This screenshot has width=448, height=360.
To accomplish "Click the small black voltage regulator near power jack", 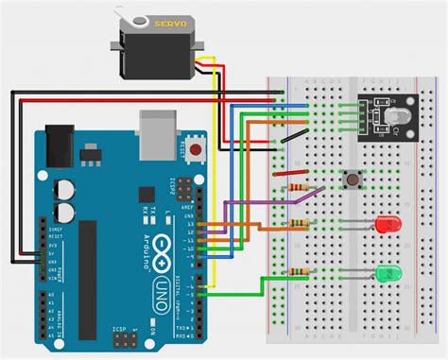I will (91, 152).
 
